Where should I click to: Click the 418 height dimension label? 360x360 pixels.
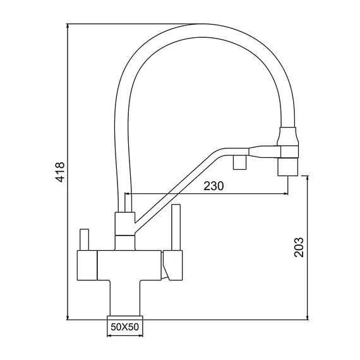(x=61, y=172)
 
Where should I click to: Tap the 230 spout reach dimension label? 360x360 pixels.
(x=213, y=186)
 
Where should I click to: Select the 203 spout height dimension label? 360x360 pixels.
(x=299, y=248)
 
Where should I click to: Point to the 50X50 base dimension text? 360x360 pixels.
(x=124, y=327)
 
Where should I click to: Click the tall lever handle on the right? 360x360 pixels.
(x=176, y=227)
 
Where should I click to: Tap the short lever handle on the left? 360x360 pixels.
(x=84, y=239)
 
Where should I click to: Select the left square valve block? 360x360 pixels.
(x=87, y=265)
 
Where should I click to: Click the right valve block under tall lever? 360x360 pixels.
(x=173, y=265)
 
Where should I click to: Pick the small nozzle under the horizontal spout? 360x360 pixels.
(x=239, y=162)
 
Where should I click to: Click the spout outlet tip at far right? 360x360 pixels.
(x=288, y=167)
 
